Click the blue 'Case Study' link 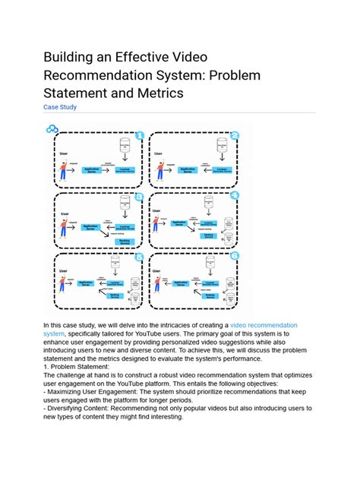pos(60,107)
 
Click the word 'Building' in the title pos(72,58)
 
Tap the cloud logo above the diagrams pos(52,129)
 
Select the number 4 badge pos(234,195)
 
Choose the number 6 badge pos(234,257)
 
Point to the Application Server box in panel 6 pos(185,283)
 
